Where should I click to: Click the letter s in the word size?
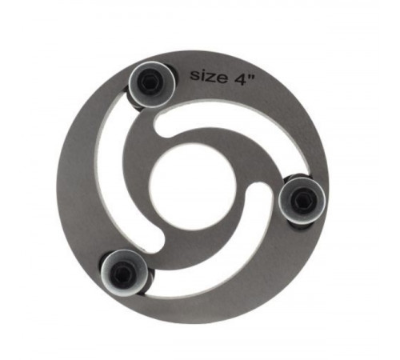click(x=194, y=75)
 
